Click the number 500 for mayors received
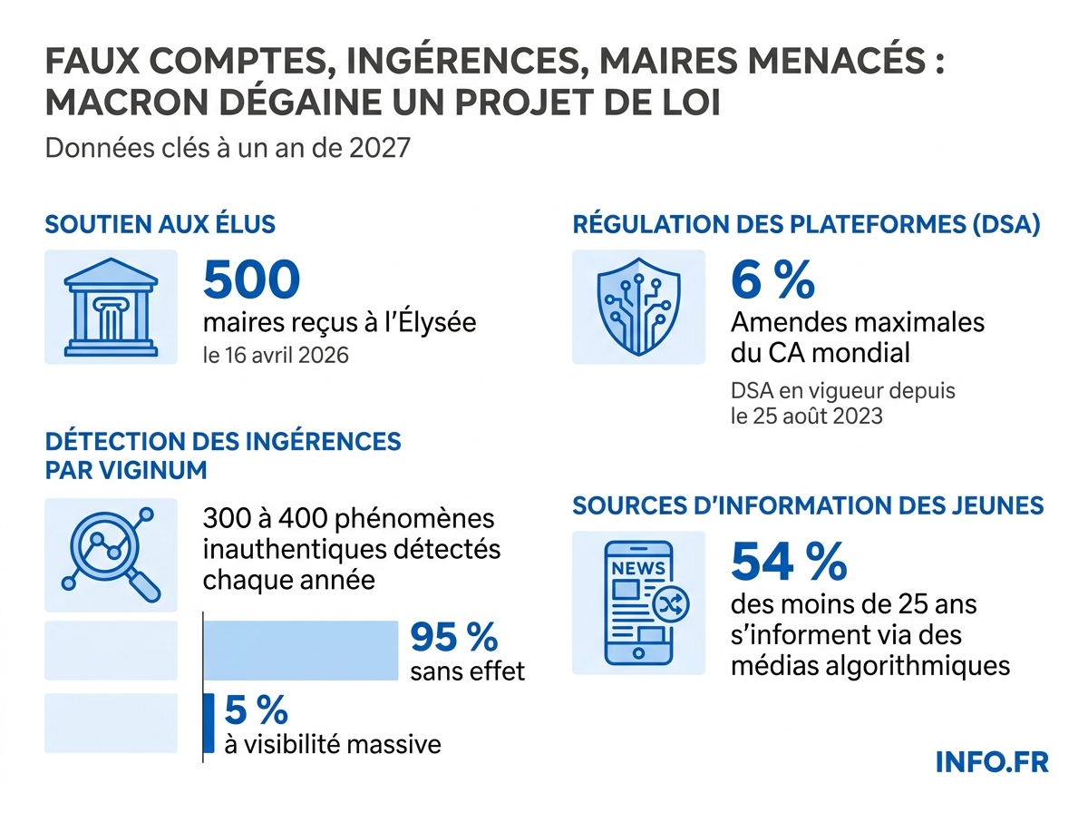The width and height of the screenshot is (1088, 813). (251, 281)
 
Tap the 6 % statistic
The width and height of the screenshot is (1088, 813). (772, 281)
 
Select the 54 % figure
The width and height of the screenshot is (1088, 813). (788, 563)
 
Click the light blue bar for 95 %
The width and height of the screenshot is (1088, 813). (300, 650)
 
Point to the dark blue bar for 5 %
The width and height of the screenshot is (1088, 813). (209, 723)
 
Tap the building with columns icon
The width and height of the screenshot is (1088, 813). (111, 307)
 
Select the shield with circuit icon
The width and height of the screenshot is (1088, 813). (637, 307)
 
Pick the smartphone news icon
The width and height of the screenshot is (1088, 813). (638, 602)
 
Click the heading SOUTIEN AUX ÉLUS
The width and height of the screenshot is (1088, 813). (160, 224)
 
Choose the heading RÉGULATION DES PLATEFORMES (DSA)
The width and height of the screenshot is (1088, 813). (806, 224)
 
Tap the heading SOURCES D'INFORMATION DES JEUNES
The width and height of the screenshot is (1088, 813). (808, 505)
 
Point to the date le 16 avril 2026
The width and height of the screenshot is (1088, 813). (276, 355)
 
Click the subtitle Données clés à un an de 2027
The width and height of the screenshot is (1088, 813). (228, 147)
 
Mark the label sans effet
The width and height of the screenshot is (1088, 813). (467, 672)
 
